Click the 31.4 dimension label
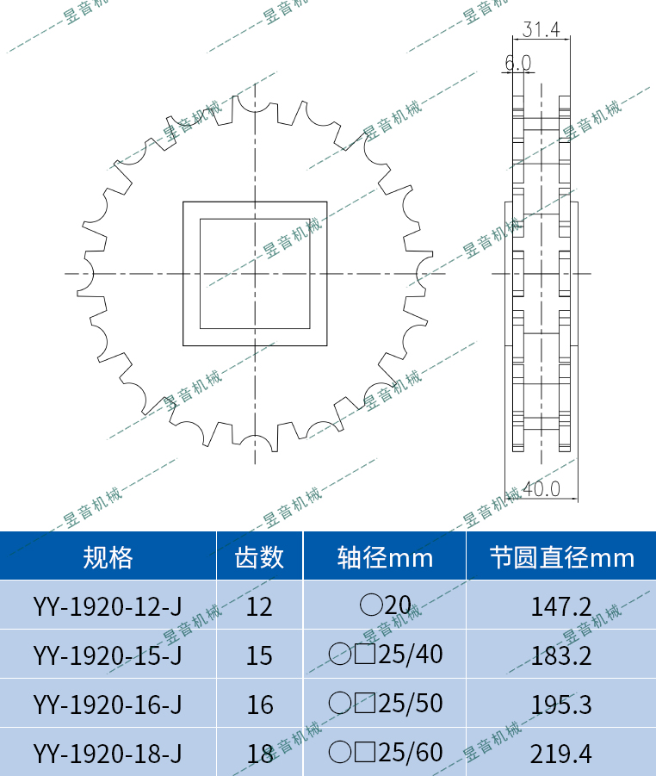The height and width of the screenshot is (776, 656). (x=542, y=30)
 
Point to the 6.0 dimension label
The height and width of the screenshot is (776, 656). (x=517, y=63)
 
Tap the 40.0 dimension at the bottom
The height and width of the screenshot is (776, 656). (x=542, y=489)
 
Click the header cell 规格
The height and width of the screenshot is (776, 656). (x=108, y=557)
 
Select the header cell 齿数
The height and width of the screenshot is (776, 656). (x=259, y=557)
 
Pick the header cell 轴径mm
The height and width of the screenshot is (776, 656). (x=384, y=557)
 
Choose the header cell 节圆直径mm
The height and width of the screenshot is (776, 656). (x=561, y=557)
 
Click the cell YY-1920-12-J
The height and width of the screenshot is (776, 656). (x=108, y=605)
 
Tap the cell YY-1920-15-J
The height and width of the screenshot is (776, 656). (x=108, y=655)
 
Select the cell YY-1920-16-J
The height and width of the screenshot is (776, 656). (x=108, y=705)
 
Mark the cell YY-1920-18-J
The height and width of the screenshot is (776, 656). (x=108, y=754)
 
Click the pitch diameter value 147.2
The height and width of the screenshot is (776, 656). (x=561, y=605)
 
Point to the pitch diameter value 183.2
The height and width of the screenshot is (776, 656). (x=561, y=655)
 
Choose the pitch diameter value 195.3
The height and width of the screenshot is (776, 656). (x=561, y=705)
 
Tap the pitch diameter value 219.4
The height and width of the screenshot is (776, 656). (x=561, y=754)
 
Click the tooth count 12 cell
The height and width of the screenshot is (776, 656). (x=259, y=606)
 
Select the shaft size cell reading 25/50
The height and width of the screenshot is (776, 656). (x=385, y=704)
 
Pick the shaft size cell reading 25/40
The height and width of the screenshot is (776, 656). (x=385, y=655)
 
